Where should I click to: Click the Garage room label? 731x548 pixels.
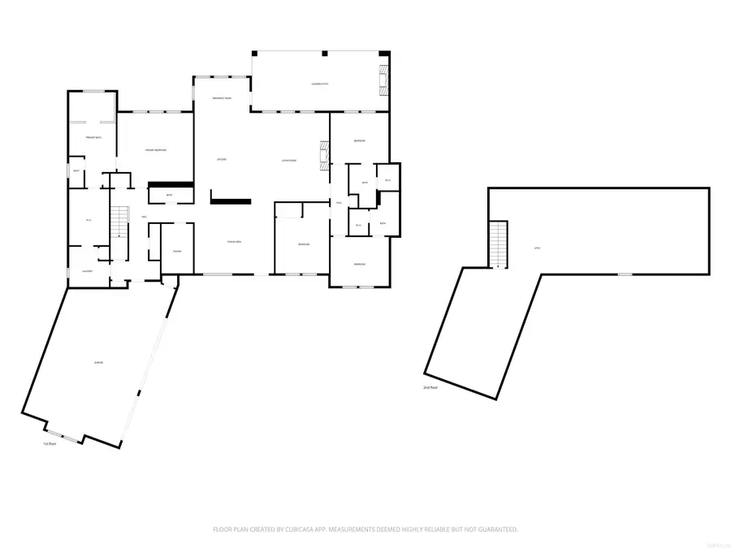click(98, 362)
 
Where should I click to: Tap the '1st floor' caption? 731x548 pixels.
click(50, 444)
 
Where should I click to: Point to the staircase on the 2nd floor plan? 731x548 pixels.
click(498, 244)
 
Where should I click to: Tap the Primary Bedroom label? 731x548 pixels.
click(156, 150)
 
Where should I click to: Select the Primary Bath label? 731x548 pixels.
click(93, 138)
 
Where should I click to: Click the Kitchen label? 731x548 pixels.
click(221, 159)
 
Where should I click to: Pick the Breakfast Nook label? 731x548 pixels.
click(222, 97)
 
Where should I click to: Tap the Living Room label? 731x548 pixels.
click(288, 161)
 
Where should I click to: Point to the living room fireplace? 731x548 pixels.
click(325, 154)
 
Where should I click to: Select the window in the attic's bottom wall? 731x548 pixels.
click(624, 274)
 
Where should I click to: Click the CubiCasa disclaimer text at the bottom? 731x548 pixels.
click(365, 529)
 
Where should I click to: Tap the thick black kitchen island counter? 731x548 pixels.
click(231, 196)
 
